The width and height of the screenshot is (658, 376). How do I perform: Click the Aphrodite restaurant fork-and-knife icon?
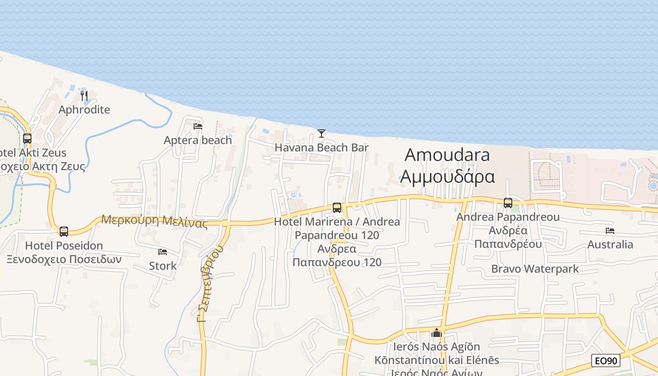click(x=84, y=96)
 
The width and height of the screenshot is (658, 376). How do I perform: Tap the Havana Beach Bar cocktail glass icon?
click(x=321, y=133)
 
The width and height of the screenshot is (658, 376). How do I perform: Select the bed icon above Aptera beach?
click(x=198, y=126)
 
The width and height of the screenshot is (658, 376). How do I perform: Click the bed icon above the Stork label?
click(x=163, y=252)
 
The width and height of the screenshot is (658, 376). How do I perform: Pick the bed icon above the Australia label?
click(x=610, y=231)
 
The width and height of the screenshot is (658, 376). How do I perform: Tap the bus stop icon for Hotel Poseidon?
click(x=64, y=231)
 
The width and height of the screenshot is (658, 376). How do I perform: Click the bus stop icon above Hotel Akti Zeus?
click(x=27, y=139)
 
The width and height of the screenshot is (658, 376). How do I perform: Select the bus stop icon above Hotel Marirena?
click(x=337, y=208)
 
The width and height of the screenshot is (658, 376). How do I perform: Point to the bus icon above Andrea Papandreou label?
click(x=508, y=203)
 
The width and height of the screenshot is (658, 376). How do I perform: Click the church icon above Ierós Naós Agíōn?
click(x=437, y=333)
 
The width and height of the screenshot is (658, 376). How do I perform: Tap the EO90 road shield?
click(x=606, y=361)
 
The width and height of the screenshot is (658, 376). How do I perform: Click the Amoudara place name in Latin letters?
click(x=447, y=155)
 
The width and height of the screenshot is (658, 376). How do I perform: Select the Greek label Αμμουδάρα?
click(x=447, y=177)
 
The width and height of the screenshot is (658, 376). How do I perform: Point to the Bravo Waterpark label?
click(x=535, y=269)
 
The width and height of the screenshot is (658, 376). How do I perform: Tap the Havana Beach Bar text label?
click(x=321, y=148)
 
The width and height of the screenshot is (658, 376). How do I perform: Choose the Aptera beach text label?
click(x=198, y=140)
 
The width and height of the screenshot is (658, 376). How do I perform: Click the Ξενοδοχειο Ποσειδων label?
click(x=64, y=259)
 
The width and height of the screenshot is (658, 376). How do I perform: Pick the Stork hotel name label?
click(x=163, y=266)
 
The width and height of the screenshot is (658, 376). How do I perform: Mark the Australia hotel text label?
click(x=610, y=244)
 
